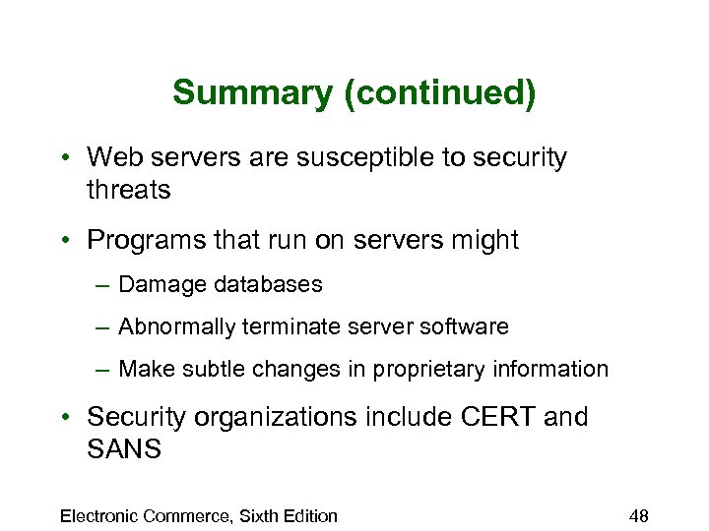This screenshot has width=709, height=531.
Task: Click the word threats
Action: (x=129, y=189)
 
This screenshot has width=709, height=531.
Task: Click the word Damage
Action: (x=156, y=285)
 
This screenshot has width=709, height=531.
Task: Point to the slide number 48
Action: (x=638, y=515)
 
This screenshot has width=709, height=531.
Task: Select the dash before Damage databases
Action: (x=103, y=285)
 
